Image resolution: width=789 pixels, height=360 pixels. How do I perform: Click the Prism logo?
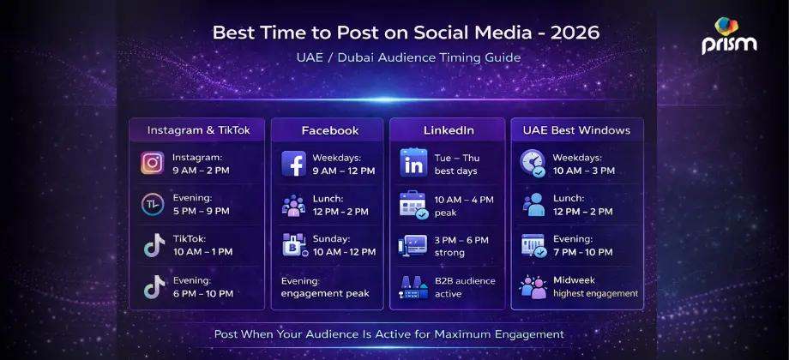pyautogui.click(x=729, y=36)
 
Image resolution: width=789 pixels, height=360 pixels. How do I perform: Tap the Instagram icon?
pyautogui.click(x=153, y=163)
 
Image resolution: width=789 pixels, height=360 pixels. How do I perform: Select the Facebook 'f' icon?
pyautogui.click(x=294, y=163)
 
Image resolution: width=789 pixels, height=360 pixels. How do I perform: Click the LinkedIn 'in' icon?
pyautogui.click(x=413, y=163)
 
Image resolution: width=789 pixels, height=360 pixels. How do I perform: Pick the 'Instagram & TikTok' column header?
pyautogui.click(x=198, y=130)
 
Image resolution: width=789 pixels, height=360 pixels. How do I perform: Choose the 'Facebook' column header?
pyautogui.click(x=329, y=130)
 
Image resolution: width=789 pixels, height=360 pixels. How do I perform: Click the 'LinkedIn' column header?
pyautogui.click(x=449, y=130)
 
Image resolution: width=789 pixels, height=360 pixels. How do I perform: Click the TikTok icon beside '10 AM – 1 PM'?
pyautogui.click(x=154, y=246)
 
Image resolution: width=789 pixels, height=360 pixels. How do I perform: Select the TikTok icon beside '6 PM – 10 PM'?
pyautogui.click(x=154, y=287)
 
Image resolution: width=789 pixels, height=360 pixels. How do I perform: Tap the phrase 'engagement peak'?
pyautogui.click(x=325, y=293)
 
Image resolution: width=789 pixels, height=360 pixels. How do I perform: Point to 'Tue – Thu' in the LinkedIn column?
pyautogui.click(x=457, y=157)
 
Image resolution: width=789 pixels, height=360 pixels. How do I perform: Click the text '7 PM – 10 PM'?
pyautogui.click(x=583, y=252)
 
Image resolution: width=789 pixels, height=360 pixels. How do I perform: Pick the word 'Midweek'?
pyautogui.click(x=575, y=280)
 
